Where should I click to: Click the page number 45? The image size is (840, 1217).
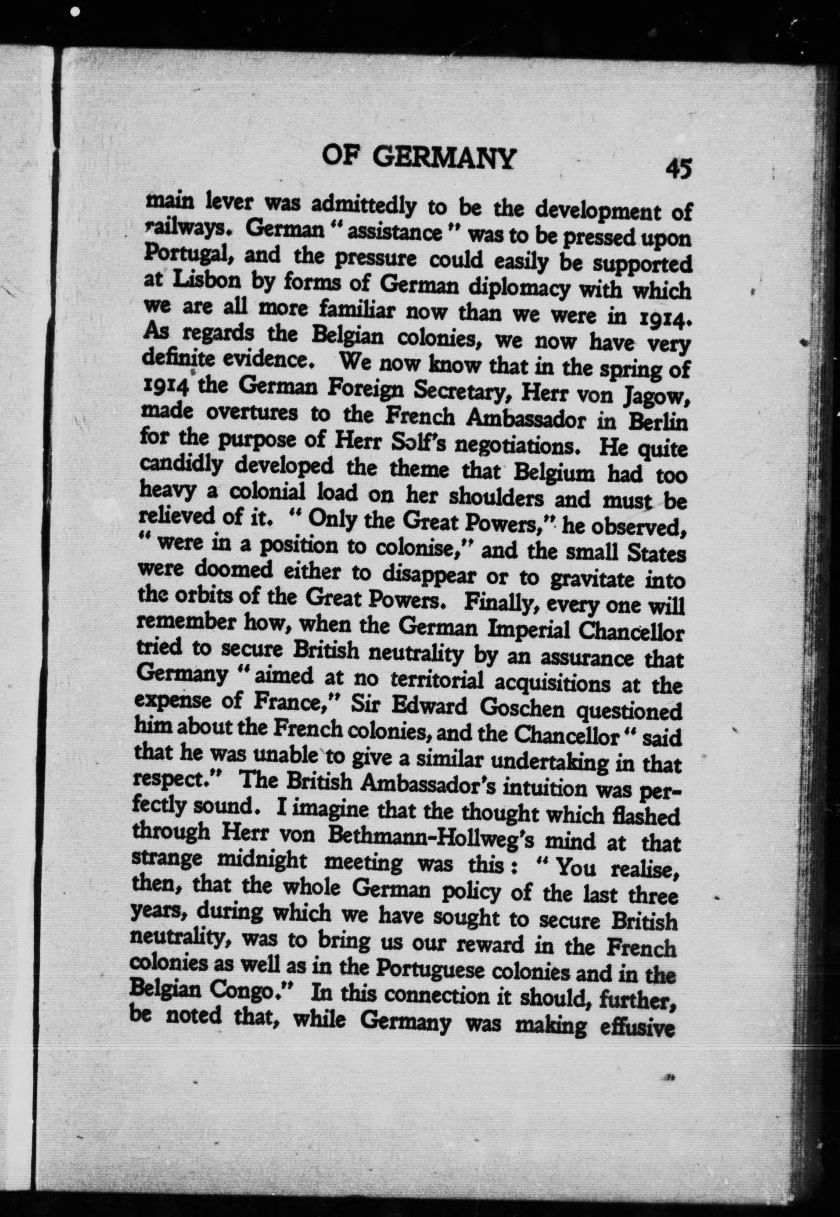[678, 169]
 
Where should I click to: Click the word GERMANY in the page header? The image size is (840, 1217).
[446, 157]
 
